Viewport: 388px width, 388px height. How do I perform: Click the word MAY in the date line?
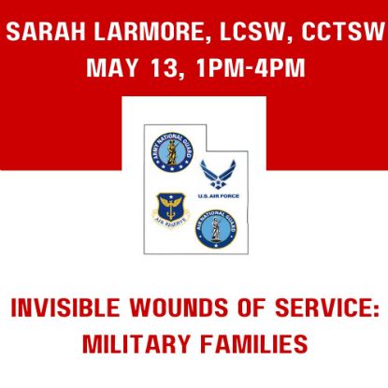click(109, 69)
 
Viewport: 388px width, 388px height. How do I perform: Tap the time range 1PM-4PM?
click(242, 69)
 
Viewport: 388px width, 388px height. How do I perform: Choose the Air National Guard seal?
click(216, 229)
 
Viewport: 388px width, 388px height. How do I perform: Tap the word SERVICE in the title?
click(311, 308)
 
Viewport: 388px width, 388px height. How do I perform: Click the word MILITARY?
click(139, 343)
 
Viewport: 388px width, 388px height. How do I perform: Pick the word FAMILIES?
click(253, 343)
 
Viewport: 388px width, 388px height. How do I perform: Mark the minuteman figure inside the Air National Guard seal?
click(216, 229)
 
